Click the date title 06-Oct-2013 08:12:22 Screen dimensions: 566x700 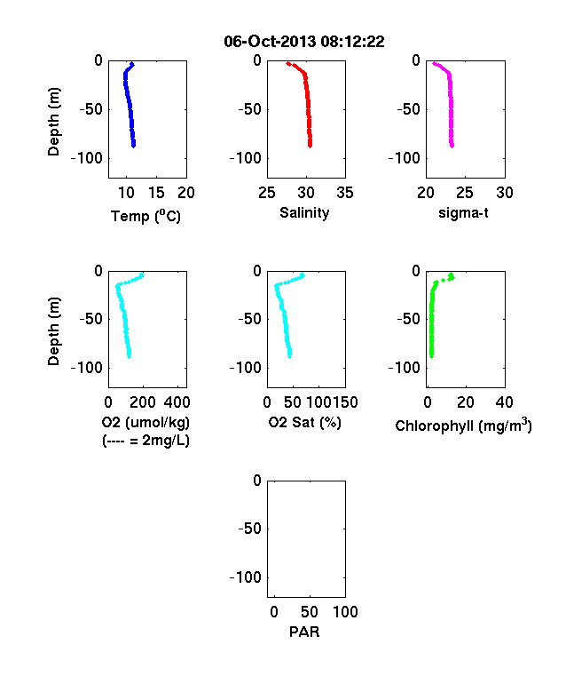click(304, 42)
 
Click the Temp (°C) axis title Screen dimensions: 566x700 click(145, 216)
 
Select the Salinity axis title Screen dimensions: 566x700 click(304, 213)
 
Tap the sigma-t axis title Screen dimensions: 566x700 click(463, 213)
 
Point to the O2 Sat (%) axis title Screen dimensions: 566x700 click(304, 422)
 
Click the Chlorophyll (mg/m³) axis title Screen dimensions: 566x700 click(463, 425)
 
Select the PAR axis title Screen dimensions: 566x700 click(304, 632)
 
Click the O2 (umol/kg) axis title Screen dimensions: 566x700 click(145, 422)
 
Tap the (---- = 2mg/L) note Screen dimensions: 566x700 click(145, 441)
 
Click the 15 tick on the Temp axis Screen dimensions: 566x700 click(156, 193)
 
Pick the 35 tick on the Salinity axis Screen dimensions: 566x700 click(345, 193)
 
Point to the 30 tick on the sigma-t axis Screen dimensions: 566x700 click(505, 193)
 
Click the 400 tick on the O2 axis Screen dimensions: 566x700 click(177, 402)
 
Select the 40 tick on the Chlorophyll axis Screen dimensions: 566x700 click(504, 402)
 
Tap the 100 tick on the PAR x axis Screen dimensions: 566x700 click(345, 611)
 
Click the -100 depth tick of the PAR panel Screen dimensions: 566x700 click(245, 577)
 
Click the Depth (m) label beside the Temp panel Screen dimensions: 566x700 click(53, 122)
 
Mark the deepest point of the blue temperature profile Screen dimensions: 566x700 click(133, 145)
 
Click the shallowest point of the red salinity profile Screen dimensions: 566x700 click(288, 64)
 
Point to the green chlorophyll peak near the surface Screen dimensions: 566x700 click(451, 276)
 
